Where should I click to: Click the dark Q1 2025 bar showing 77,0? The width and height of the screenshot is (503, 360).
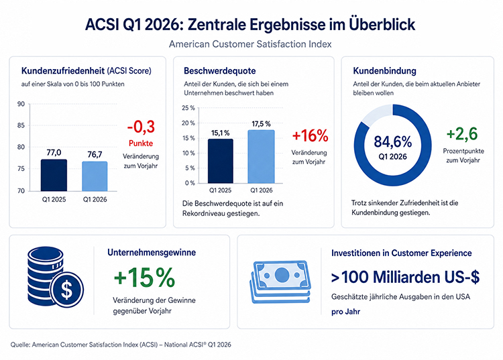[54, 175]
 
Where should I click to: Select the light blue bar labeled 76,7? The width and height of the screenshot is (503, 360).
[95, 176]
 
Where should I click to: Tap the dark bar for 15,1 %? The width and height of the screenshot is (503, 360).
[221, 161]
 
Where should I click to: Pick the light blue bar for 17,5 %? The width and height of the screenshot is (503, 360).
[261, 156]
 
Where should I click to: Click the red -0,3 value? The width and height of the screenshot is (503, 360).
[141, 127]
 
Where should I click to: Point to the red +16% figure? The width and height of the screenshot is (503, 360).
[311, 135]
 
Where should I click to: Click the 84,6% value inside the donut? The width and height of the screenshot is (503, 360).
[392, 141]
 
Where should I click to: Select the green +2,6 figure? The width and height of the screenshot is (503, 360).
[462, 133]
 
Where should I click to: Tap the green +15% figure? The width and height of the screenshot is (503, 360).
[144, 278]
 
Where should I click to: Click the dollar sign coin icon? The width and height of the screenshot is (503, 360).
[66, 290]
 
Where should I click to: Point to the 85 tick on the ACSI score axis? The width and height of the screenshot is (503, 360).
[21, 125]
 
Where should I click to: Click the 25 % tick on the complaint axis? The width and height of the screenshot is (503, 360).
[188, 108]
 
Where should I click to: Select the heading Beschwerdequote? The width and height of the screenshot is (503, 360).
[220, 71]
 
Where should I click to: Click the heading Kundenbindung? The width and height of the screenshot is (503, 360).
[385, 71]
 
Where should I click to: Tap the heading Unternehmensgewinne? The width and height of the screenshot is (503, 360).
[152, 253]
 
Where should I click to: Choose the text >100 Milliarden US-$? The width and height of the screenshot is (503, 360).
[406, 278]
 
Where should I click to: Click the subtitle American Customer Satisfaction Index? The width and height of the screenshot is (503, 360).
[250, 44]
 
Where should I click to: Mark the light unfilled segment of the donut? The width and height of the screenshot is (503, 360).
[376, 115]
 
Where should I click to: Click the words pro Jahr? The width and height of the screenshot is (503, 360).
[345, 312]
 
